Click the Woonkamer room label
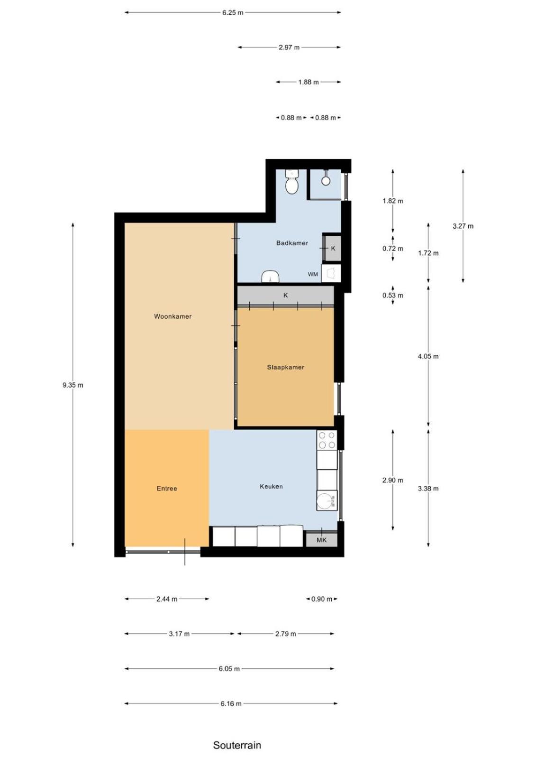[x=173, y=316]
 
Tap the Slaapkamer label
[x=285, y=367]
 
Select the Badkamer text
[x=292, y=243]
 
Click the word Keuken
[x=271, y=487]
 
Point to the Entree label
[x=167, y=489]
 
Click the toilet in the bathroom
[x=291, y=182]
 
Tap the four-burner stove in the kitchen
[x=327, y=440]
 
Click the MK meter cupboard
[x=321, y=539]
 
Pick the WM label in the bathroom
[x=312, y=275]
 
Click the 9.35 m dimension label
[x=73, y=385]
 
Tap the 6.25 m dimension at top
[x=233, y=13]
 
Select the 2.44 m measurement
[x=167, y=599]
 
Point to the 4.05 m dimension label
[x=428, y=356]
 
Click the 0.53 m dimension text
[x=393, y=296]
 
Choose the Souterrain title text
[x=237, y=745]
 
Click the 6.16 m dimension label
[x=231, y=704]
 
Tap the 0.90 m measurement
[x=321, y=599]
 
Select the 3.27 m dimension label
[x=463, y=226]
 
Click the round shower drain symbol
[x=326, y=181]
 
